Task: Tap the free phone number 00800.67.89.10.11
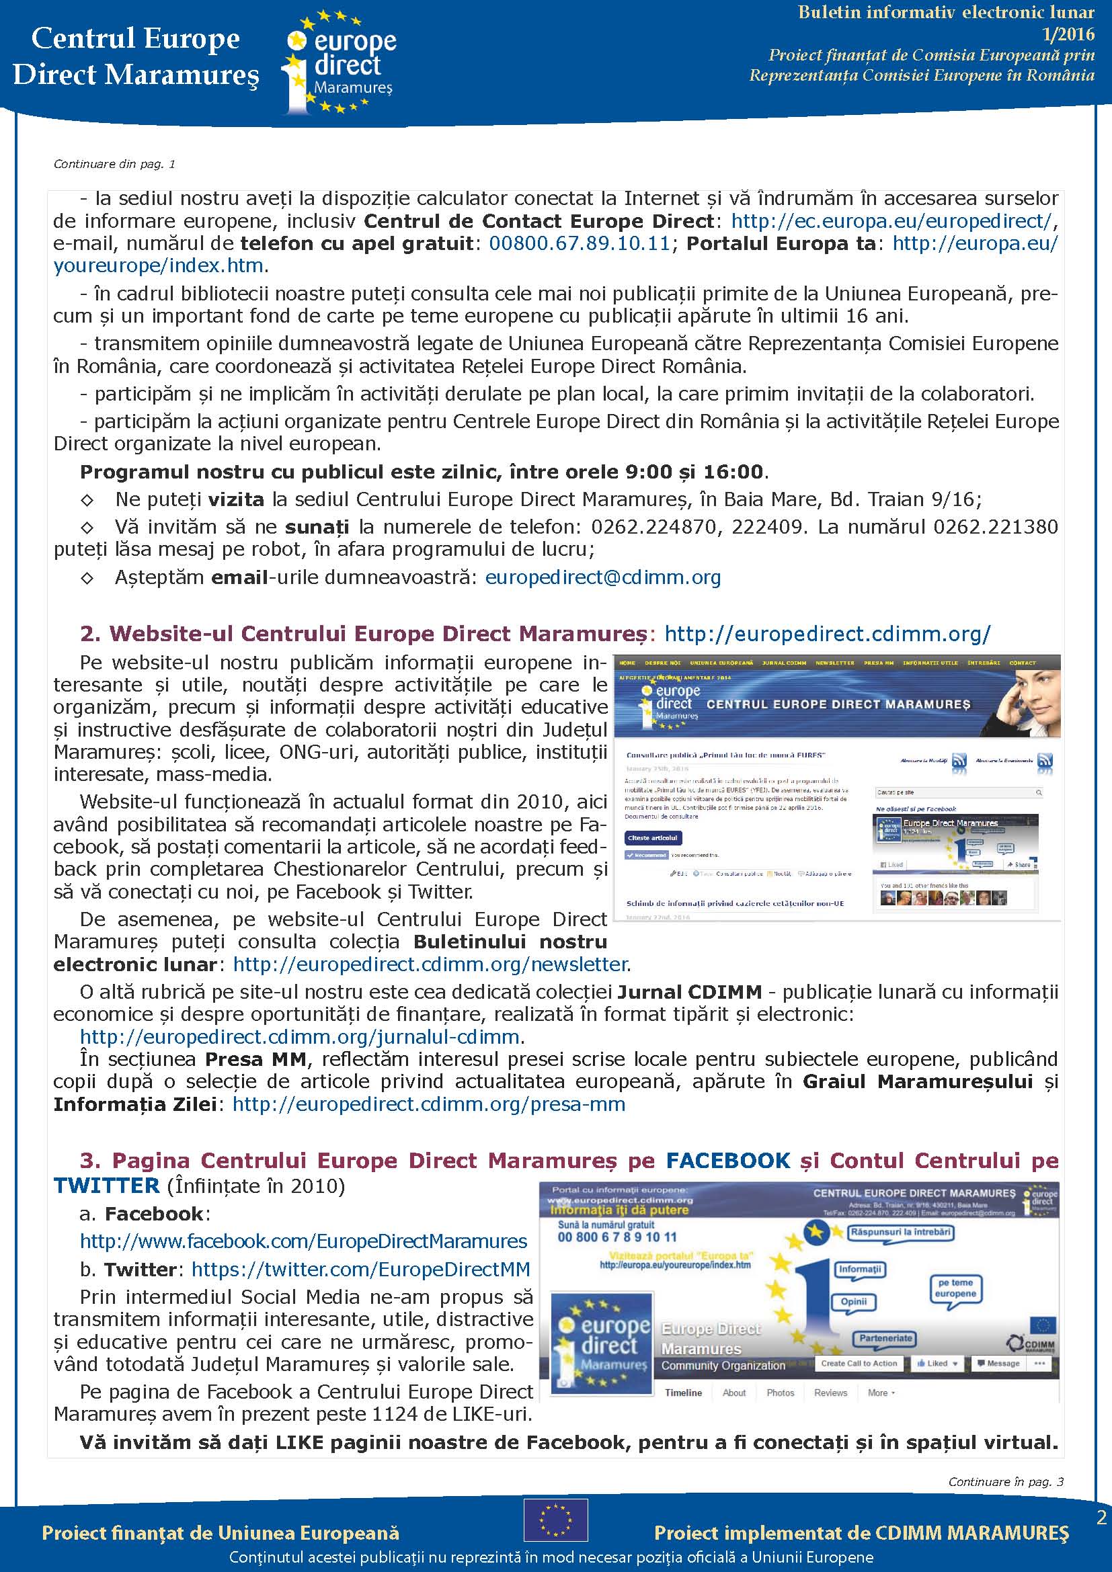coord(580,244)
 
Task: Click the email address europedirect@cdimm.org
coord(602,578)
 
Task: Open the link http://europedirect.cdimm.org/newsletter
coord(430,964)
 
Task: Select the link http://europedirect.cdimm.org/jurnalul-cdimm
coord(300,1037)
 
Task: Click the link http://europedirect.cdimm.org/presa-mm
coord(429,1104)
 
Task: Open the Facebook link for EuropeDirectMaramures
coord(303,1241)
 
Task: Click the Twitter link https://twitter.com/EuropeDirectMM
coord(361,1270)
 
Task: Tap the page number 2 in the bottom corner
coord(1101,1518)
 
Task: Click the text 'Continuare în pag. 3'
coord(1005,1482)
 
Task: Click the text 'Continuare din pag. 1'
coord(114,164)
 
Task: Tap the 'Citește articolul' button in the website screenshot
coord(653,838)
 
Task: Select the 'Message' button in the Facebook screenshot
coord(998,1364)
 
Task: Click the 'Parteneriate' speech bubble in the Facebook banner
coord(885,1338)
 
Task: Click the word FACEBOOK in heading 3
coord(728,1161)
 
